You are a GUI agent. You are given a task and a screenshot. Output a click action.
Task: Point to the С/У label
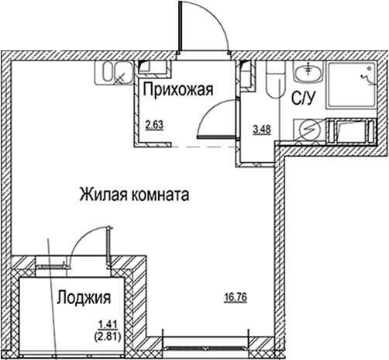(x=301, y=99)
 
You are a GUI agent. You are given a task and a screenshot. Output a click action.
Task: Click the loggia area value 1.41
(x=105, y=327)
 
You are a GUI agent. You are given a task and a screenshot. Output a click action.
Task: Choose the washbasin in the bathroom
(x=308, y=73)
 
